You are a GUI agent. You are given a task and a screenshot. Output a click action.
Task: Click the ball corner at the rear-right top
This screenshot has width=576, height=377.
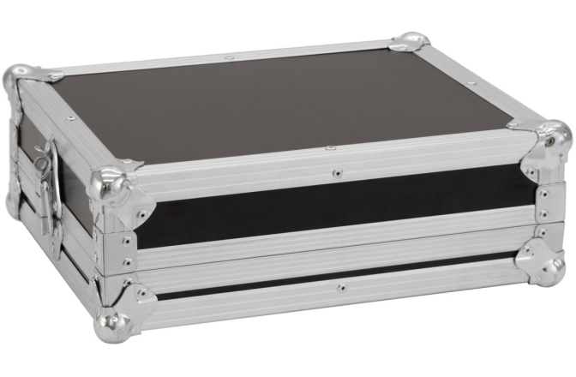coord(410,41)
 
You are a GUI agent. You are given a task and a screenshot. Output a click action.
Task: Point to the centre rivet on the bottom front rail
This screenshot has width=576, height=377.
coord(340,287)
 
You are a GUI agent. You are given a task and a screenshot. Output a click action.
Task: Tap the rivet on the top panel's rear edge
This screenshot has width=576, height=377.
coord(229,58)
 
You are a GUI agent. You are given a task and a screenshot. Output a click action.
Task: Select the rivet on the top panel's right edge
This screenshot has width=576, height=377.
coord(471,83)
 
